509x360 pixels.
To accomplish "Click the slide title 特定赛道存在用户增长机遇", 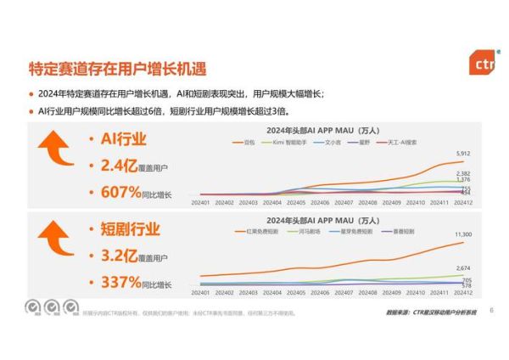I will (118, 68).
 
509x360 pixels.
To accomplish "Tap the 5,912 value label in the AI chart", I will (462, 154).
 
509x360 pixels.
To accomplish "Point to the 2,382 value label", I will (462, 173).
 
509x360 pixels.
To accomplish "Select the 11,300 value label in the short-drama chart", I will (462, 233).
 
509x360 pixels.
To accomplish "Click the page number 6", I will (491, 309).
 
